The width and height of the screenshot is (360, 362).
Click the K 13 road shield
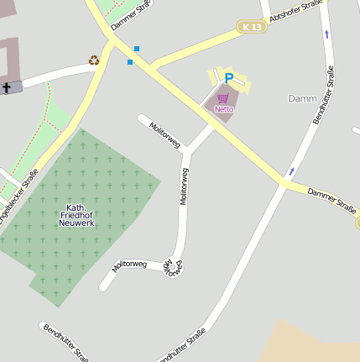[x=249, y=27]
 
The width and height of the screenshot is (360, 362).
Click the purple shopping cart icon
[x=223, y=98]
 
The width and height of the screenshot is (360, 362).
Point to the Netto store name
[x=223, y=109]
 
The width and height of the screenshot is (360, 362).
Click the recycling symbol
[x=94, y=60]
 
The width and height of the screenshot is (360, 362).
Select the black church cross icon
[x=7, y=87]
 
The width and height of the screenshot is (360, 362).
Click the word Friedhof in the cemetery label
[x=76, y=216]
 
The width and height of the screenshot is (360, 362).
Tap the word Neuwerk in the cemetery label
[x=76, y=224]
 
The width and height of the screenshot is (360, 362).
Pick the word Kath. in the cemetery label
[x=76, y=207]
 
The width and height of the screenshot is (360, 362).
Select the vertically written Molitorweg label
[x=184, y=186]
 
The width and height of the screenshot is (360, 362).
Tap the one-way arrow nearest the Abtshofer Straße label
[x=326, y=34]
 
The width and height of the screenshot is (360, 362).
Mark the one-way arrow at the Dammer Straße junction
[x=291, y=171]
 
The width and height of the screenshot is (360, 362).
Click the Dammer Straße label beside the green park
[x=129, y=17]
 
